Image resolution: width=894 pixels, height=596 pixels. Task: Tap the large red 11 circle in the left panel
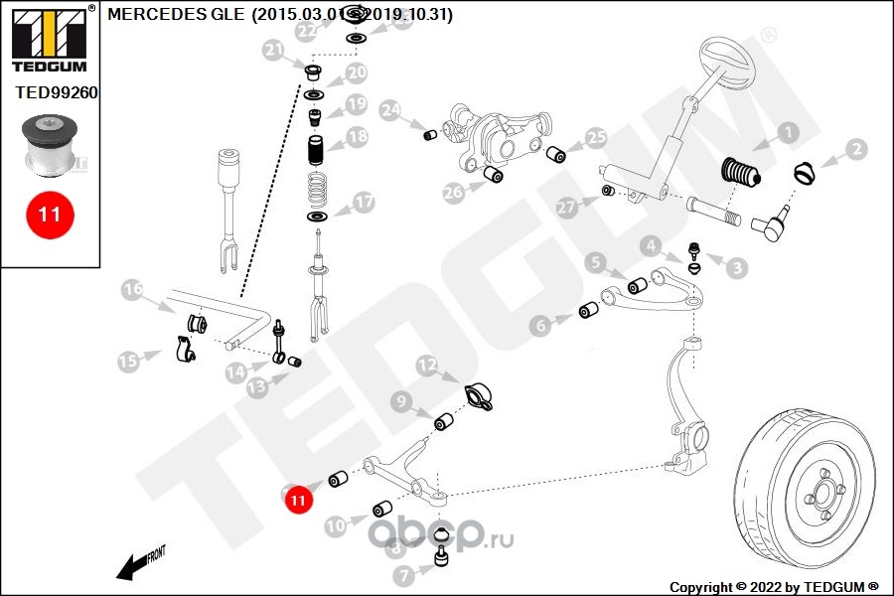coord(50,214)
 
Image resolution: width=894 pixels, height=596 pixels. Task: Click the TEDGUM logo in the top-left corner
coord(49,38)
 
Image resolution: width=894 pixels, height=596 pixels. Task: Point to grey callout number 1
coord(787,131)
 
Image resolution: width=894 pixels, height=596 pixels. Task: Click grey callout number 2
coord(856,151)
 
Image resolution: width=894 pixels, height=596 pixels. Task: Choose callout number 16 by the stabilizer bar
coord(134,290)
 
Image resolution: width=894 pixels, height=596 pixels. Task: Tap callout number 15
coord(129,361)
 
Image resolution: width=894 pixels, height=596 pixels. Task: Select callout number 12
coord(426,367)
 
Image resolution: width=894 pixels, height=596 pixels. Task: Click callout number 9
coord(400,401)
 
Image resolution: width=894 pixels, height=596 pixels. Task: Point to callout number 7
coord(403,574)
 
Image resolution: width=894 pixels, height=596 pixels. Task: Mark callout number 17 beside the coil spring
coord(364,203)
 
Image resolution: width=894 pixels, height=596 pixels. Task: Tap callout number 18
coord(357,136)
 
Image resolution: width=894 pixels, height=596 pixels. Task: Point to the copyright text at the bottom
coord(774,586)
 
